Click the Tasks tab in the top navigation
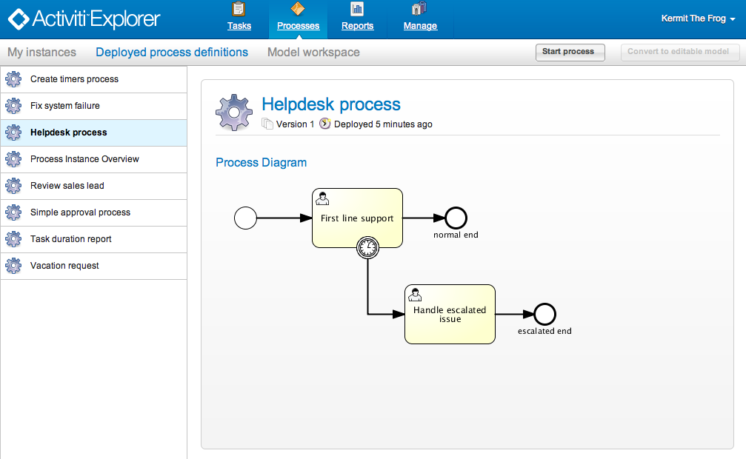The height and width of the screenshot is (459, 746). [x=239, y=18]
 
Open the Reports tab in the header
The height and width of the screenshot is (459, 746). [x=357, y=18]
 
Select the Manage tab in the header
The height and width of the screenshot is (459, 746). [x=420, y=18]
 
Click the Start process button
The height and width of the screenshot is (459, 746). [x=568, y=52]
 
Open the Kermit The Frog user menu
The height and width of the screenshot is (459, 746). [x=698, y=19]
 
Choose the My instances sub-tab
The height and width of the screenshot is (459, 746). [x=41, y=53]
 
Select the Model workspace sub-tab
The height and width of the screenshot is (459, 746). [x=313, y=53]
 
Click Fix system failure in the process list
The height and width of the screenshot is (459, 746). [x=65, y=106]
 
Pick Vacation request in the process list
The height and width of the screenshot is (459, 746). [x=64, y=266]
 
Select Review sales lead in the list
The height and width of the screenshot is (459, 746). [x=67, y=186]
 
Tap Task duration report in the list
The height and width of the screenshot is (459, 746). [x=71, y=239]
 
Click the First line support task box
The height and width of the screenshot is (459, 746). [x=357, y=218]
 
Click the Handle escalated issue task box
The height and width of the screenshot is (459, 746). [x=450, y=314]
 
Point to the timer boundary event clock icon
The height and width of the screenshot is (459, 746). [x=367, y=248]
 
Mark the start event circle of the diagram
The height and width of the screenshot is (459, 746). [x=245, y=218]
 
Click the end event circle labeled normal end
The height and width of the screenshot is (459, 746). [x=456, y=218]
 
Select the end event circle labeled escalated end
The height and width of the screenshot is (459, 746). [x=544, y=314]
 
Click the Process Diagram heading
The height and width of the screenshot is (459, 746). [x=261, y=162]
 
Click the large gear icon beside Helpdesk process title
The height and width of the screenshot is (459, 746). [x=234, y=113]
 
